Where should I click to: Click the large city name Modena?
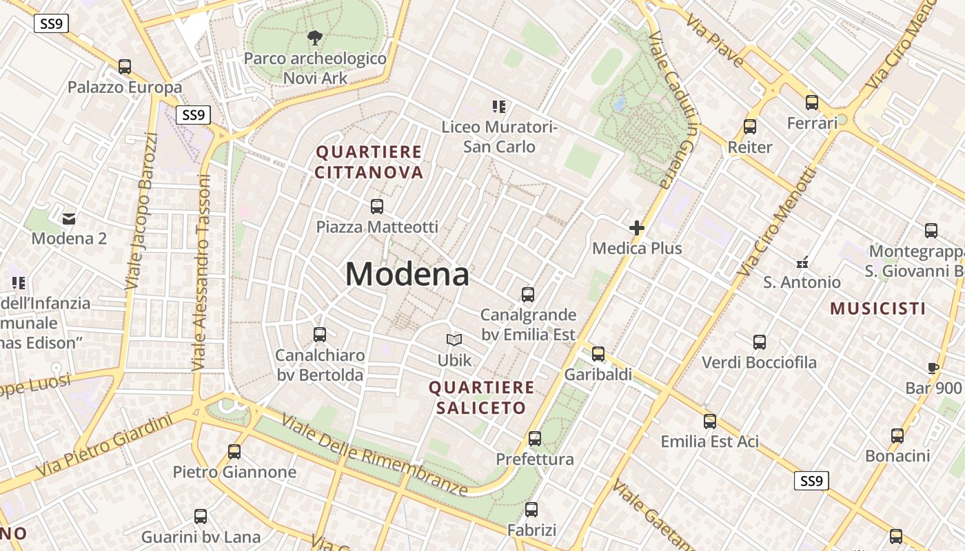coord(407,274)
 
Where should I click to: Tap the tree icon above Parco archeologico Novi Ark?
coord(315,37)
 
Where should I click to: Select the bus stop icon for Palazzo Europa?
coord(125,67)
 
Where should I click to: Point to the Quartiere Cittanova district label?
coord(369,162)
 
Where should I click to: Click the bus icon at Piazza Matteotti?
coord(377,206)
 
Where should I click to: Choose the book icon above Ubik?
coord(454,340)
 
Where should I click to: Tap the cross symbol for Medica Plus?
coord(637,227)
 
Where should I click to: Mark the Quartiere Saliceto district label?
coord(481,397)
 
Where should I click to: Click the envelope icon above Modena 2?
coord(69,219)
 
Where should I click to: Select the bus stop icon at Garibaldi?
coord(598,354)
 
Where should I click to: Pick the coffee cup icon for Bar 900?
coord(933,368)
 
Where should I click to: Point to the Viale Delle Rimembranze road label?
coord(374,455)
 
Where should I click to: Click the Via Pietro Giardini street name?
coord(103,445)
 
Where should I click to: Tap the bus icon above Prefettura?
coord(535,439)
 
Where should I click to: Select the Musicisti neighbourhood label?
coord(877,308)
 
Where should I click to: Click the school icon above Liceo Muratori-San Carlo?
coord(499,107)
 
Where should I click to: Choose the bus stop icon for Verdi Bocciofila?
coord(760,342)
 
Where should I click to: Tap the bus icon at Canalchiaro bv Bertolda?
coord(320,335)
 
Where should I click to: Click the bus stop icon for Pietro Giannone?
coord(234,452)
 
